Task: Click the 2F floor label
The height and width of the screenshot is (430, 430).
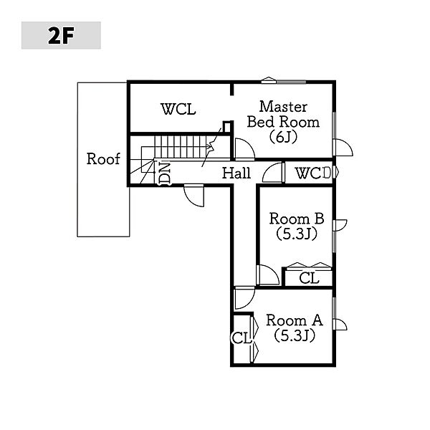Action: point(61,36)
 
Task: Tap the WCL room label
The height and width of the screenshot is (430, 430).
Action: point(178,110)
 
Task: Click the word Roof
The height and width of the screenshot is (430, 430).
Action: point(103,159)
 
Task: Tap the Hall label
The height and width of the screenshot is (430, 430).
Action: point(236,173)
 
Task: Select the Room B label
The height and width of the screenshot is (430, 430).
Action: point(297,219)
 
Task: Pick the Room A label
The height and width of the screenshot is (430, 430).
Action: point(294,320)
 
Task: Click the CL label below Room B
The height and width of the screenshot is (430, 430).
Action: point(309,278)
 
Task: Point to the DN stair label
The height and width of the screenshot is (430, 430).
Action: point(165,174)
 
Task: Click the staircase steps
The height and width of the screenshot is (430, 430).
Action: point(183,147)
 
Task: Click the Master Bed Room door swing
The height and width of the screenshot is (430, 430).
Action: point(244,150)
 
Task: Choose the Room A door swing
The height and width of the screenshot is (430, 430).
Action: point(244,297)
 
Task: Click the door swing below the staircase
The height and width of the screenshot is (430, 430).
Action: point(193,195)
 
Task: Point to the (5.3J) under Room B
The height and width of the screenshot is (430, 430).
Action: point(296,234)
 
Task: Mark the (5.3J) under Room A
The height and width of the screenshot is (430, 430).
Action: point(294,335)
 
